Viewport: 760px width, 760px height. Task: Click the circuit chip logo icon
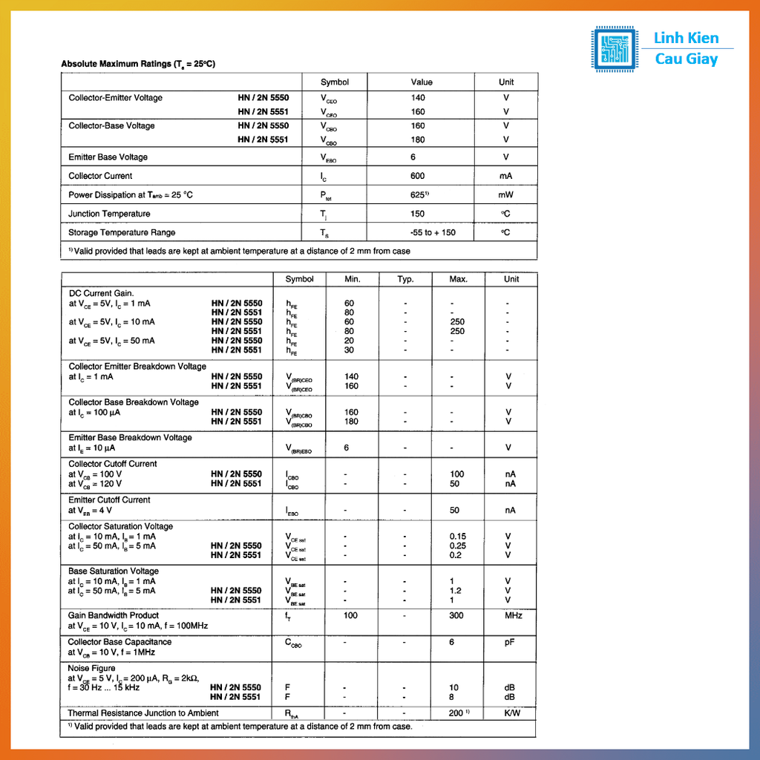coord(614,49)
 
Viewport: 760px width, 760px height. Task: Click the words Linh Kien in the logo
coord(686,38)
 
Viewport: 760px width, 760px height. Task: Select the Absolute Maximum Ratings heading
coord(138,64)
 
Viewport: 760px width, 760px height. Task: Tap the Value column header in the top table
coord(422,82)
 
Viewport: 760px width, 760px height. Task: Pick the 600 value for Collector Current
coord(418,176)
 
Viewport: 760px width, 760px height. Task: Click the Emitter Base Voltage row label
coord(108,157)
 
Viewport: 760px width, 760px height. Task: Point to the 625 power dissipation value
coord(419,194)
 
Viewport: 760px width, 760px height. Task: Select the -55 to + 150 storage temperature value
coord(433,232)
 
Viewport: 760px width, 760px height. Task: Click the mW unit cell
coord(506,194)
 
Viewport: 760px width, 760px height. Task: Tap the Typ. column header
coord(404,279)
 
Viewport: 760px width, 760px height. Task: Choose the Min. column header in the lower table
coord(352,279)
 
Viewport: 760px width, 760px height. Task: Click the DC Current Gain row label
coord(102,293)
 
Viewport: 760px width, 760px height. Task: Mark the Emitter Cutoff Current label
coord(109,499)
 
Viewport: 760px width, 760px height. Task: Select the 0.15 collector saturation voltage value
coord(458,536)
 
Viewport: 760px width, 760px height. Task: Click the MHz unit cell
coord(514,615)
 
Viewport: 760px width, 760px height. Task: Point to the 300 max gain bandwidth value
coord(456,615)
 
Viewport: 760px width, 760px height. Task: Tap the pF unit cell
coord(509,642)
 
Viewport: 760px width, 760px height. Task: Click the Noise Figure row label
coord(92,668)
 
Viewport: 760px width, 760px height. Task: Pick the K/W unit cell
coord(512,713)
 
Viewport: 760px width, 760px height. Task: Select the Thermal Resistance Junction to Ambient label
coord(143,713)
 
